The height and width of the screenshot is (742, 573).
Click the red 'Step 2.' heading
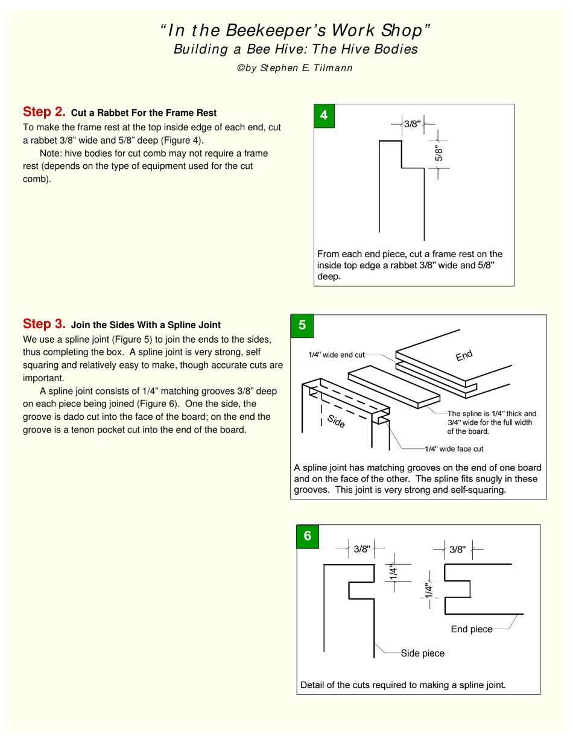pyautogui.click(x=43, y=112)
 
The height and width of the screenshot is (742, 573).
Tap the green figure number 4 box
pyautogui.click(x=324, y=116)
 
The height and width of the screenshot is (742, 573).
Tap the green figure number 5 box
pyautogui.click(x=302, y=326)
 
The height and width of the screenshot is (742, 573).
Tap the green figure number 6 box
pyautogui.click(x=308, y=536)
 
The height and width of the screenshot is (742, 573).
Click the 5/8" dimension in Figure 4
pyautogui.click(x=440, y=153)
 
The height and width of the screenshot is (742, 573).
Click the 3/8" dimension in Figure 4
pyautogui.click(x=412, y=124)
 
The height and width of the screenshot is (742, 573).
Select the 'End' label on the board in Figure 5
pyautogui.click(x=464, y=356)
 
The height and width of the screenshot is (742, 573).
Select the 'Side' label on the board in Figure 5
pyautogui.click(x=336, y=422)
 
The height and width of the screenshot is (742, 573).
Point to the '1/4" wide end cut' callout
pyautogui.click(x=337, y=355)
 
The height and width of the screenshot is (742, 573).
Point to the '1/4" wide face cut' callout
pyautogui.click(x=454, y=449)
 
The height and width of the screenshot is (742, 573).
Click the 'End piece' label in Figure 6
pyautogui.click(x=472, y=629)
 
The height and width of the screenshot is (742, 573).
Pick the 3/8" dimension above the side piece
pyautogui.click(x=362, y=549)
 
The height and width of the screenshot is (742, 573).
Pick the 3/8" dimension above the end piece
pyautogui.click(x=458, y=549)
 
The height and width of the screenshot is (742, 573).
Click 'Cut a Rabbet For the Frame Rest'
pyautogui.click(x=144, y=113)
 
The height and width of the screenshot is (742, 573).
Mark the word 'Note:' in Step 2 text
pyautogui.click(x=51, y=153)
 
